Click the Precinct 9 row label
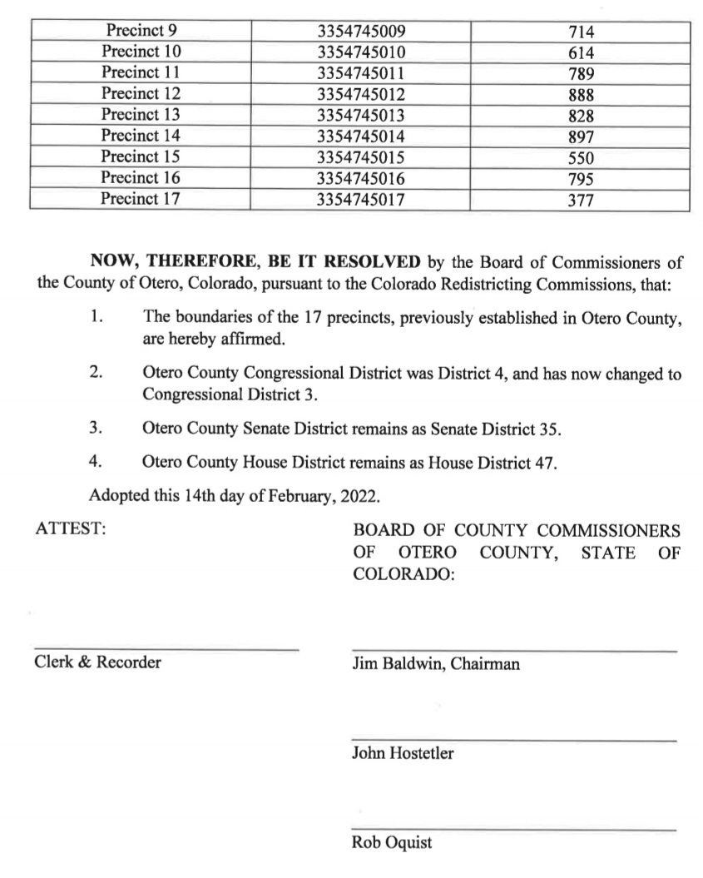pyautogui.click(x=140, y=32)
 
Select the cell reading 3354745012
pyautogui.click(x=361, y=94)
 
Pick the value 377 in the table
pyautogui.click(x=580, y=200)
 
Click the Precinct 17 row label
pyautogui.click(x=140, y=199)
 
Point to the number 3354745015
pyautogui.click(x=361, y=156)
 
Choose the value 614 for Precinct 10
pyautogui.click(x=580, y=53)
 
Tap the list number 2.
pyautogui.click(x=96, y=372)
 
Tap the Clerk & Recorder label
pyautogui.click(x=98, y=662)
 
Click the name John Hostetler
pyautogui.click(x=403, y=754)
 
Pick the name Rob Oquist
pyautogui.click(x=392, y=843)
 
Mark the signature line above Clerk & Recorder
pyautogui.click(x=166, y=649)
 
